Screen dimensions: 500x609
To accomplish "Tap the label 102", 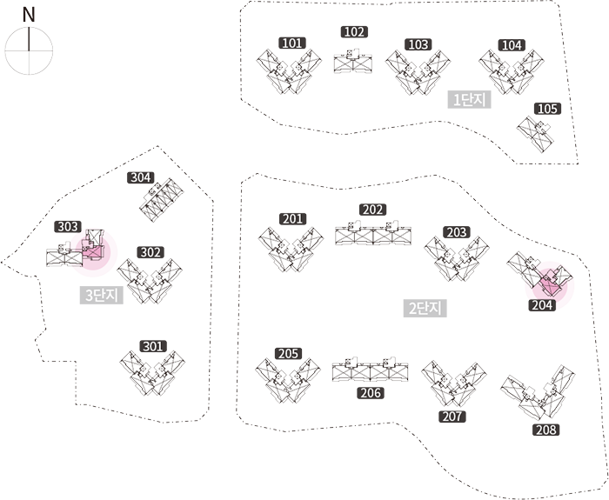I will (353, 32).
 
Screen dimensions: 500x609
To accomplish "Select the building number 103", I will (418, 44).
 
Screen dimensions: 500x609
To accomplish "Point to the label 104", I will (512, 45).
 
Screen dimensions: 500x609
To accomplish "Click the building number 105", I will (547, 109).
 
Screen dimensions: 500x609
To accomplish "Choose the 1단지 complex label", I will (469, 100).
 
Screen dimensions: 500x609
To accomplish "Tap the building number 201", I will (292, 219).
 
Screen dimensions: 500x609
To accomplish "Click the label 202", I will (372, 210).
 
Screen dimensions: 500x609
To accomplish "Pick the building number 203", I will (456, 232).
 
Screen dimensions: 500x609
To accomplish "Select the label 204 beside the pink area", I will (541, 305).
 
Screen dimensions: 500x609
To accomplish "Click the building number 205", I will (288, 354).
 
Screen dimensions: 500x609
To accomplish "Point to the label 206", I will (371, 393).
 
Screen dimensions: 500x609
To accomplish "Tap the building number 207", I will (452, 417).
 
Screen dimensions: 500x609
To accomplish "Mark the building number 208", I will (545, 430).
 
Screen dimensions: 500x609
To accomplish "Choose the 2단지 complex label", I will (425, 307).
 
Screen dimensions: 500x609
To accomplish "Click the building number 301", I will (152, 346).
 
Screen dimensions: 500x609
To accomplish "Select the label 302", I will (151, 252).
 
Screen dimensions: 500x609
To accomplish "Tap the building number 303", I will (68, 226).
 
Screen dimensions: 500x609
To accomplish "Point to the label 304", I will (140, 177).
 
